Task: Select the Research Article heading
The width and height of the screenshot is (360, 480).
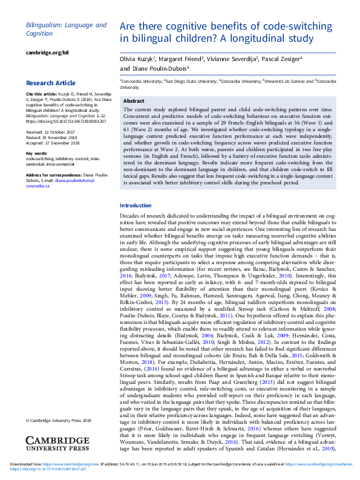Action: pos(50,83)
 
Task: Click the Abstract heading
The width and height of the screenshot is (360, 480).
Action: pos(133,101)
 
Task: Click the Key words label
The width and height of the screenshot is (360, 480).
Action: pos(36,154)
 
